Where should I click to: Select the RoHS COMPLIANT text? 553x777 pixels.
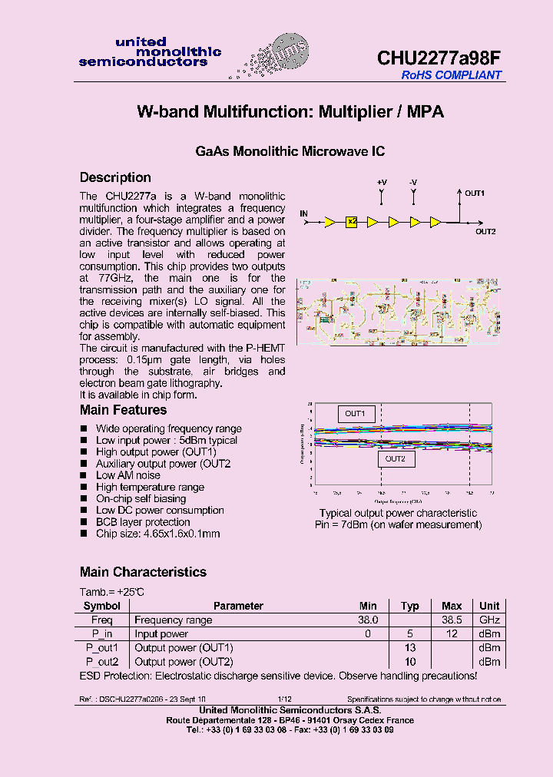452,75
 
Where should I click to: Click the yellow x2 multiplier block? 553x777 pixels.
352,222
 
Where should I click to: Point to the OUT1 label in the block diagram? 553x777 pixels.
475,193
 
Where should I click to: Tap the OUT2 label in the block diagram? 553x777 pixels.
485,231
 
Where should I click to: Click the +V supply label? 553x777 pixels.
382,182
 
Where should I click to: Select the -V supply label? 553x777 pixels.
413,182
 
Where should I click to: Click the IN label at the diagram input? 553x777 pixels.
304,213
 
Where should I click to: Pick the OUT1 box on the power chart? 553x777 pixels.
355,414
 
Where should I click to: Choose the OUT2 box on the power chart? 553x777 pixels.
395,458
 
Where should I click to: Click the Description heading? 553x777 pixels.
115,177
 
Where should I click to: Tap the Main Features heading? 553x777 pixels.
123,410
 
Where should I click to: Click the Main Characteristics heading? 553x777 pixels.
143,572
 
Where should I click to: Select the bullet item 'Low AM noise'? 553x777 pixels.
128,475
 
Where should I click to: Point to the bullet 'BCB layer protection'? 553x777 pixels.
143,522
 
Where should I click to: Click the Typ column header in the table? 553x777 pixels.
410,606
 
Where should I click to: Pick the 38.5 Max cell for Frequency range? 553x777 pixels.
452,620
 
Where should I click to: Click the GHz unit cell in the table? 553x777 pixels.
489,620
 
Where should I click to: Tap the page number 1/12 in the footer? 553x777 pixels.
284,699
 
